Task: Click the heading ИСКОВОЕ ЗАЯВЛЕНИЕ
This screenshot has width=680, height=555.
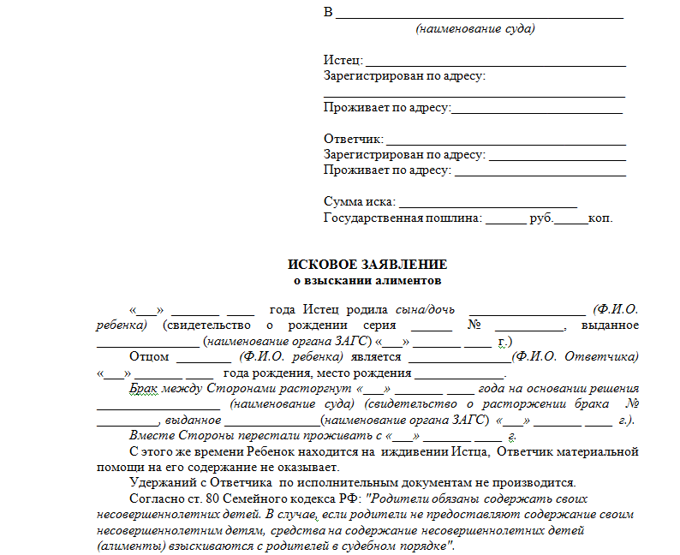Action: point(367,265)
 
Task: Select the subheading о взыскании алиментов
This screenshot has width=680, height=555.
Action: point(367,280)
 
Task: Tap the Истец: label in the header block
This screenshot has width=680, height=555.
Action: point(343,61)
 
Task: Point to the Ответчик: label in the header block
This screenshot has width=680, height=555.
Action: point(353,139)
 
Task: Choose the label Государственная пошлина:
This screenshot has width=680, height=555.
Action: point(403,218)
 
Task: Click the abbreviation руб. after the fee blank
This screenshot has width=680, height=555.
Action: point(541,218)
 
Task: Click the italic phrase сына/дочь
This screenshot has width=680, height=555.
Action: point(425,309)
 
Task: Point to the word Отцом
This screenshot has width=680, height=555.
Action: point(149,356)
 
